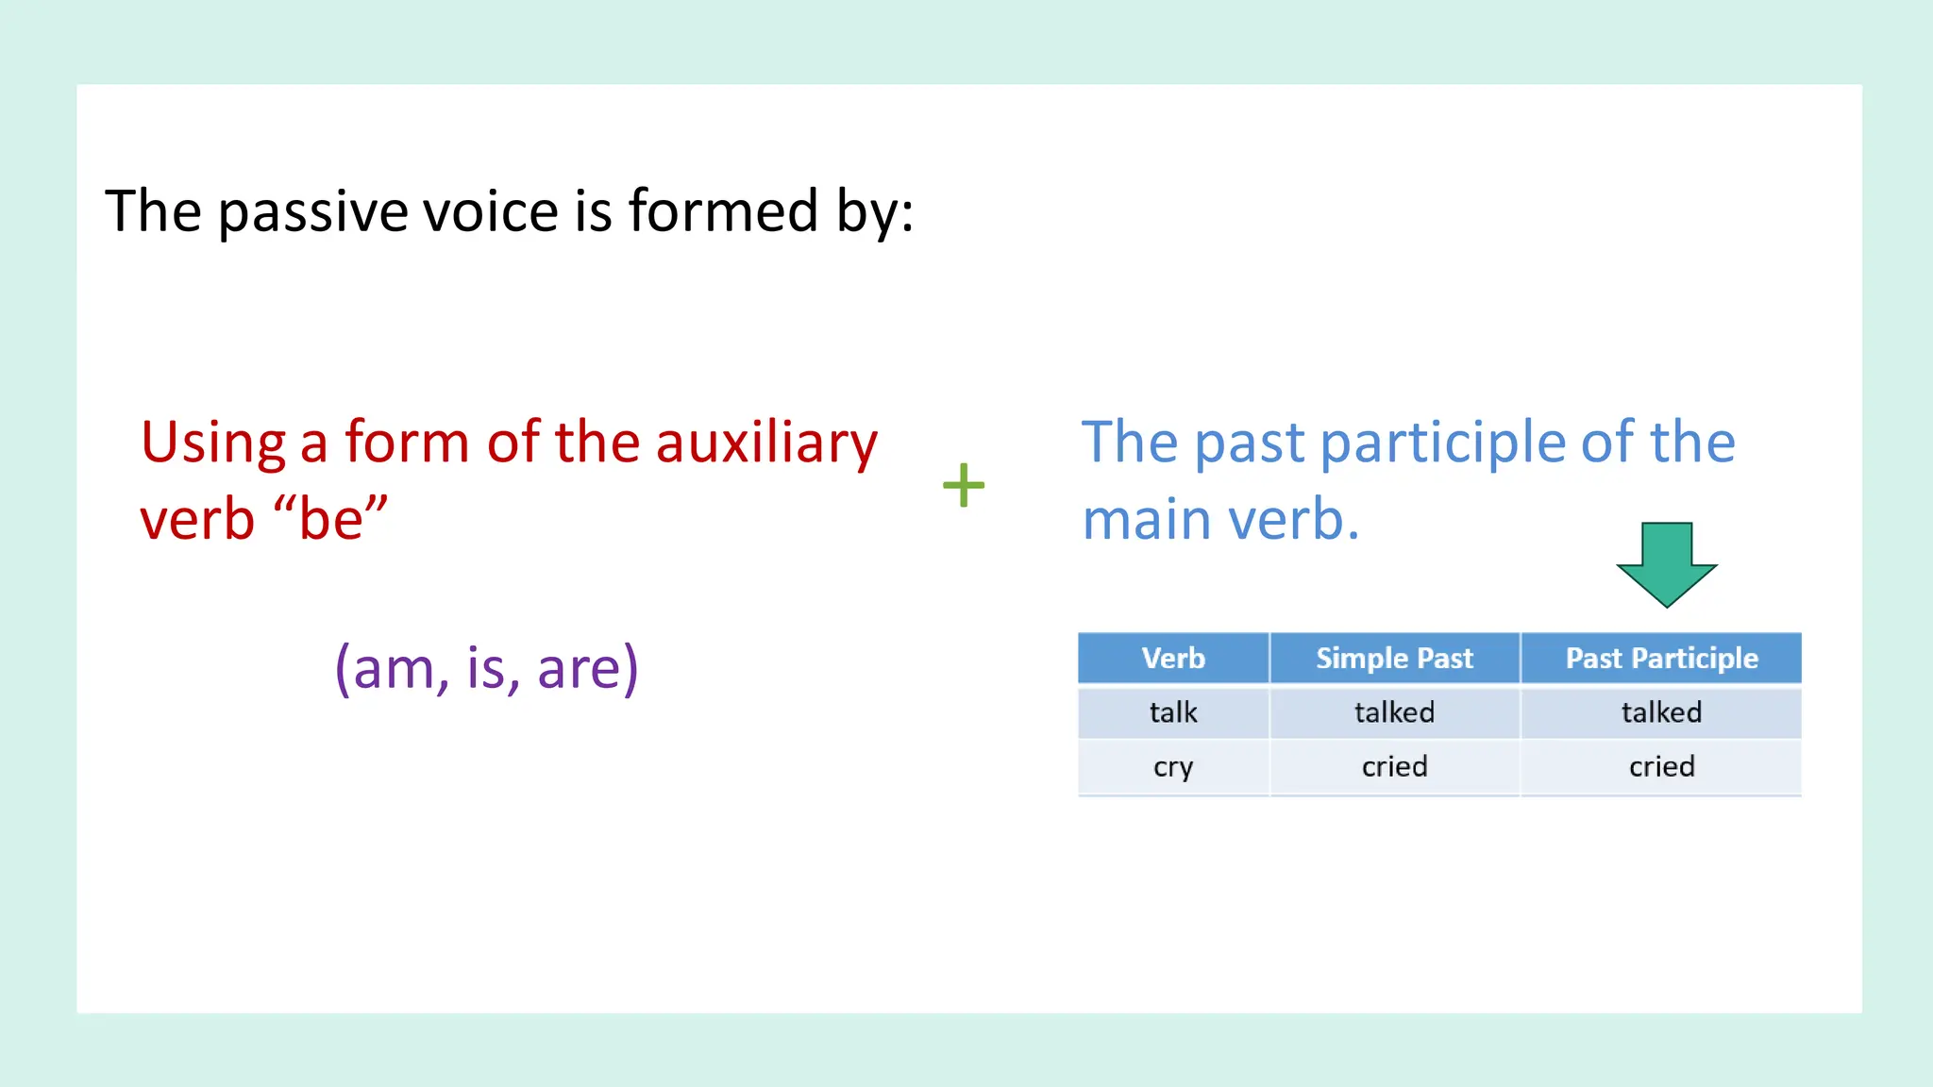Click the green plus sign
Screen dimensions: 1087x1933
[x=964, y=485]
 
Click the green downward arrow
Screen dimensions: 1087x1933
[x=1667, y=563]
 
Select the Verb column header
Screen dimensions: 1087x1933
[x=1173, y=658]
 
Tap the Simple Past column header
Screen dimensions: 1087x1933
[x=1394, y=658]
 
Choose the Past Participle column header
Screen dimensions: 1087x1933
[x=1661, y=658]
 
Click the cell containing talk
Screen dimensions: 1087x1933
[x=1173, y=712]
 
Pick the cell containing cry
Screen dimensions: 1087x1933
[x=1173, y=767]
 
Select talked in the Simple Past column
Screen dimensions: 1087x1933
[x=1394, y=712]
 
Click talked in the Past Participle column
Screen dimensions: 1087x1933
[x=1661, y=712]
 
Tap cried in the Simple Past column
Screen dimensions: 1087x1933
[x=1394, y=767]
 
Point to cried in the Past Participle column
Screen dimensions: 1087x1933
[x=1661, y=767]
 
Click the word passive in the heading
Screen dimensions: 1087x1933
[x=312, y=212]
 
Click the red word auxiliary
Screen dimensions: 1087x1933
[x=766, y=443]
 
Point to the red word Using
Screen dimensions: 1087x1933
[x=213, y=443]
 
